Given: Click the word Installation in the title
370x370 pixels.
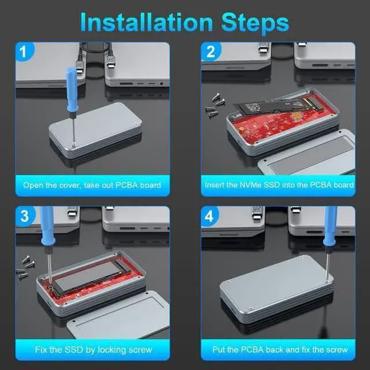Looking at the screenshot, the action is (x=146, y=22).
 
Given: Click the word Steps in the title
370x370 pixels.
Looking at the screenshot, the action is (x=255, y=24).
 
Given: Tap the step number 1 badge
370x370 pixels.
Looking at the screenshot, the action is (x=24, y=51).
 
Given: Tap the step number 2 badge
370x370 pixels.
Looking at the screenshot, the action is (x=210, y=51).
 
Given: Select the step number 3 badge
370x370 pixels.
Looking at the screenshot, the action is (x=25, y=216).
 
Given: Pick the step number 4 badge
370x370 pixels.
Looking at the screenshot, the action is (x=209, y=216).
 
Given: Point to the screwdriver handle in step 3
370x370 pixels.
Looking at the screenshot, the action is (x=47, y=226).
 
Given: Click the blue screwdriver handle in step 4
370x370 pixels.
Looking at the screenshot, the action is (x=330, y=226).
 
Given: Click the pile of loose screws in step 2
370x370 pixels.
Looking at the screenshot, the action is (x=214, y=105).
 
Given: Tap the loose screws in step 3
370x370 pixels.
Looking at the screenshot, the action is (x=25, y=266).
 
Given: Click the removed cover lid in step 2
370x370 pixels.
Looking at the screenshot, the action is (x=307, y=153).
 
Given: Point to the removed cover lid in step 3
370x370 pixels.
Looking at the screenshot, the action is (x=118, y=315).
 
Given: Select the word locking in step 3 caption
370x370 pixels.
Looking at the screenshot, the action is (x=114, y=350).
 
